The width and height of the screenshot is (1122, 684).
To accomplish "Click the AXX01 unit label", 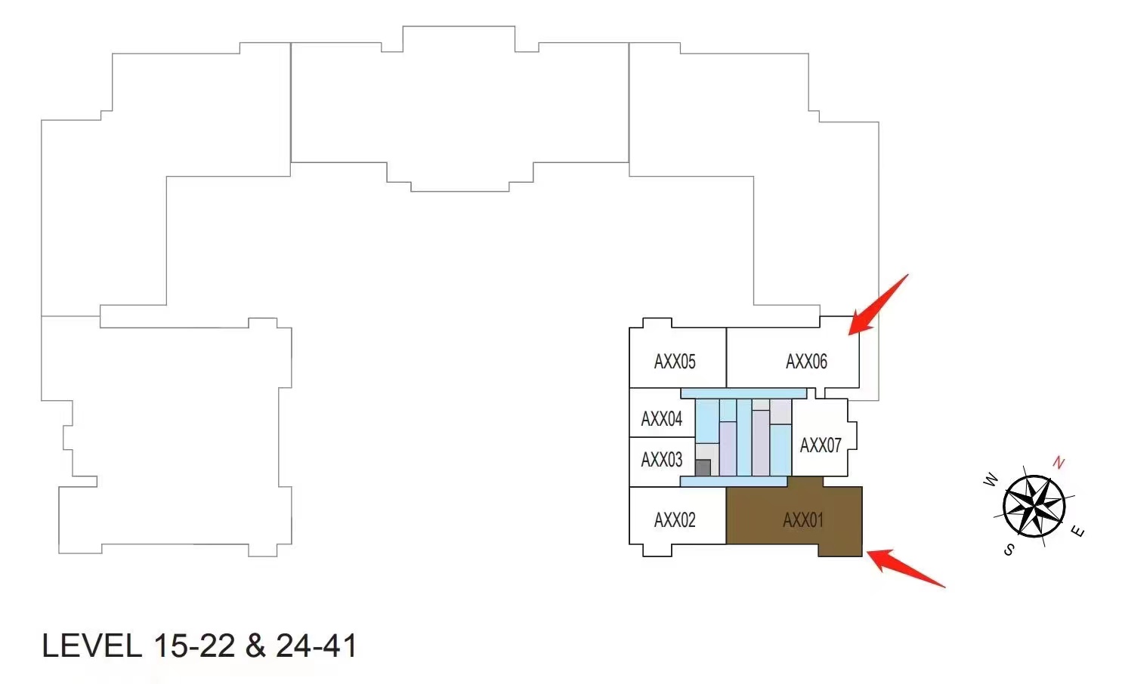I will point(802,520).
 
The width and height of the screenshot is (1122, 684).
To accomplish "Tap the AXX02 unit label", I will point(674,520).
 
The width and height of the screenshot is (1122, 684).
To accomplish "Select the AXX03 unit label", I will point(661,460).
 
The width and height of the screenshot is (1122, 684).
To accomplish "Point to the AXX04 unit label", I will point(661,419).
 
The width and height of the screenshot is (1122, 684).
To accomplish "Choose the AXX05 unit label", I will point(674,362).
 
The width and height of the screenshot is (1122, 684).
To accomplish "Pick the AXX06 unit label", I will point(806,362).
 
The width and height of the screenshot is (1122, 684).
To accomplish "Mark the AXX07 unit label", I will point(821,445).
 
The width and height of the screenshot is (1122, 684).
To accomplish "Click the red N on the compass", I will point(1059,463).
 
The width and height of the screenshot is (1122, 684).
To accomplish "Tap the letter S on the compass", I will point(1009,550).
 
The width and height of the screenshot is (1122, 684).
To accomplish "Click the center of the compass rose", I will point(1034,506).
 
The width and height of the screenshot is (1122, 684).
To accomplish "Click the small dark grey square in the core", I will point(703,467).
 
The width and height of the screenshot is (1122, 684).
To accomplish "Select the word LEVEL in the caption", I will point(91,646).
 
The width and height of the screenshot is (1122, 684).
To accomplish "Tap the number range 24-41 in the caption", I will point(316,646).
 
